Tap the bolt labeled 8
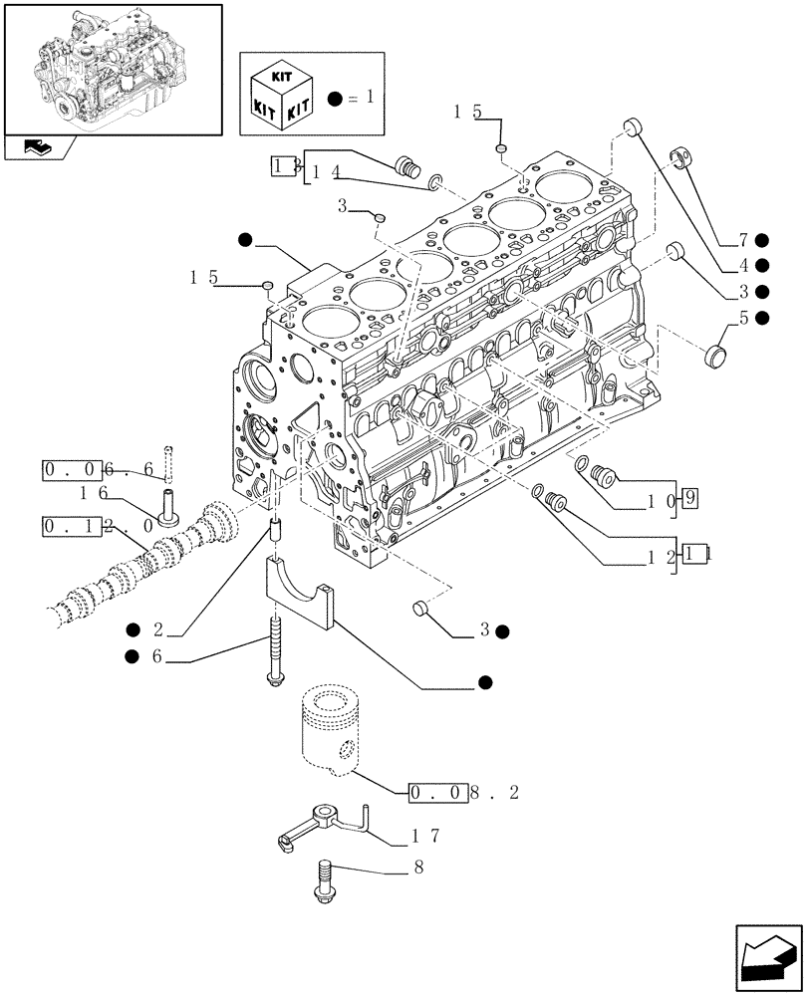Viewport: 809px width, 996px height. click(x=327, y=881)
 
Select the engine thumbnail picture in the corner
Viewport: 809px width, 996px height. click(x=112, y=69)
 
